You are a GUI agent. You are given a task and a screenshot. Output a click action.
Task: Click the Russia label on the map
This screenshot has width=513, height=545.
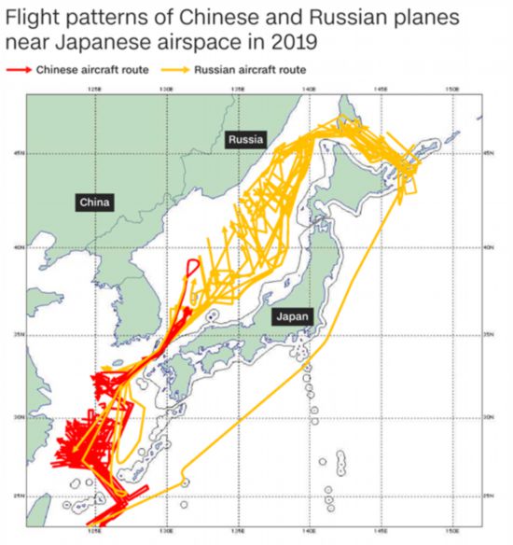tap(246, 139)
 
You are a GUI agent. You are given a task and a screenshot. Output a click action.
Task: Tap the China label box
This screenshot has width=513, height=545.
tap(94, 202)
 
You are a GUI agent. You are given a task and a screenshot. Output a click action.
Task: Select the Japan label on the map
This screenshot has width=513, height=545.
tap(292, 317)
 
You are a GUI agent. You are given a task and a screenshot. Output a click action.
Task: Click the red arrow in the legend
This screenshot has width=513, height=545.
tap(19, 70)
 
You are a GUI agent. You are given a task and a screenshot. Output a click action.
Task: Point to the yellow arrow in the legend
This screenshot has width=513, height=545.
tap(177, 70)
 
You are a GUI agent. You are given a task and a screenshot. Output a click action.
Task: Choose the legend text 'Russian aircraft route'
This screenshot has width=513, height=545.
tap(250, 70)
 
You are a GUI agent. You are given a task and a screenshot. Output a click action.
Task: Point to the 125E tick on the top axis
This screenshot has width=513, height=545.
tap(93, 89)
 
